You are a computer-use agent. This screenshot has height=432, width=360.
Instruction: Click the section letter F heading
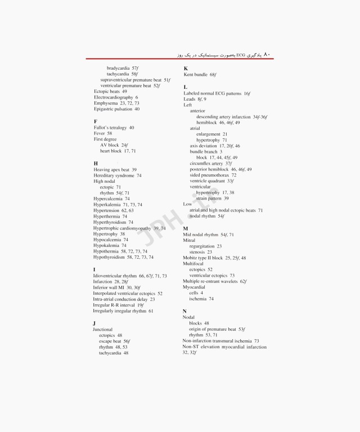pyautogui.click(x=96, y=121)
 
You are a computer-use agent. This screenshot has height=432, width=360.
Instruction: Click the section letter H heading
pyautogui.click(x=96, y=163)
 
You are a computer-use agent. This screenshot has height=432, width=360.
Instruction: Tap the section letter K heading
pyautogui.click(x=186, y=68)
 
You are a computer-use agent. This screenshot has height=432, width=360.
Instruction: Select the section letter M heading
pyautogui.click(x=186, y=228)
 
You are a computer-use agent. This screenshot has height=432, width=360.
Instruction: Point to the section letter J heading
pyautogui.click(x=94, y=323)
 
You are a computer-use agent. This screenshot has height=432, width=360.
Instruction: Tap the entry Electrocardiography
pyautogui.click(x=116, y=97)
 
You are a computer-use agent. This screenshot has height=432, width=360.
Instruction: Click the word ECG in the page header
pyautogui.click(x=241, y=55)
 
